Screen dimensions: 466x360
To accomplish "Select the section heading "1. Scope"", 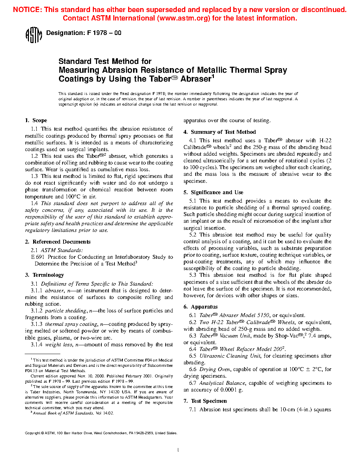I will (x=36, y=120).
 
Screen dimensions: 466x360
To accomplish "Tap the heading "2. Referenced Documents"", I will (x=58, y=242).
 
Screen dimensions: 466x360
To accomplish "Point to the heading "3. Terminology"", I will (x=44, y=275).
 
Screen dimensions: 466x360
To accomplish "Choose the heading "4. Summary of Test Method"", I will (x=220, y=132).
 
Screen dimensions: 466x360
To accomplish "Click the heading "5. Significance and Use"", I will (x=213, y=192).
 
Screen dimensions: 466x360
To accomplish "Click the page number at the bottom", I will (x=178, y=450).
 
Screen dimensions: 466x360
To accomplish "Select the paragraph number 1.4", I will (x=34, y=203).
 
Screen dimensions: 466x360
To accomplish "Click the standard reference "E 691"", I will (x=38, y=257).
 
